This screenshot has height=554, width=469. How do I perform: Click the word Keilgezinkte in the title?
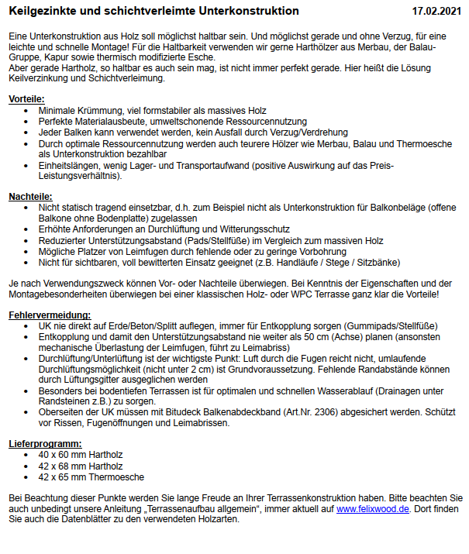(42, 11)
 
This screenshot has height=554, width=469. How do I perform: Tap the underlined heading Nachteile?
(30, 198)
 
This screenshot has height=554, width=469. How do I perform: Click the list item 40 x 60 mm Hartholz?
(81, 455)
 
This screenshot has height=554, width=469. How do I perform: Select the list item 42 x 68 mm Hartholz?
(81, 466)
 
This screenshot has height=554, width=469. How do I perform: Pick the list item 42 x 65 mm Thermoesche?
(91, 477)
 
